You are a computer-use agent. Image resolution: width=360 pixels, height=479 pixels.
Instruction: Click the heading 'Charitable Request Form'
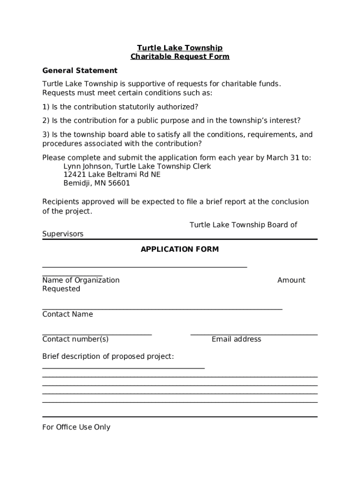(x=180, y=57)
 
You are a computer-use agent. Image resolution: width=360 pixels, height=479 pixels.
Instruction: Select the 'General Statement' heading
(x=80, y=71)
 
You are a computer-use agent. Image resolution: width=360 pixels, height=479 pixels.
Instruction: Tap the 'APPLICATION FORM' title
(x=180, y=249)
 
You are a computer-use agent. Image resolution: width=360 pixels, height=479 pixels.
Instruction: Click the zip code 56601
(x=119, y=183)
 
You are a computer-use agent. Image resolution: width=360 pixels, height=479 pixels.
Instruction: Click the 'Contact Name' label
(x=67, y=314)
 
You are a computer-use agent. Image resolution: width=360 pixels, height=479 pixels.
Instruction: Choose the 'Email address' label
(x=236, y=339)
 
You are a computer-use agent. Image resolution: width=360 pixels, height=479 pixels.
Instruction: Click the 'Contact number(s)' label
(x=75, y=339)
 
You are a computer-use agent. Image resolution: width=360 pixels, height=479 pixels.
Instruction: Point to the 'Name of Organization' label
(x=81, y=280)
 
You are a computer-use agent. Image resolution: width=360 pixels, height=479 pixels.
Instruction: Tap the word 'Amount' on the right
(x=291, y=280)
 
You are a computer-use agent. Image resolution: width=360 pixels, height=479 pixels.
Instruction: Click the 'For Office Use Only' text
(x=76, y=427)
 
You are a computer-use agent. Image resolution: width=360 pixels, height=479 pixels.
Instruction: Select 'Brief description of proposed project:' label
(x=108, y=356)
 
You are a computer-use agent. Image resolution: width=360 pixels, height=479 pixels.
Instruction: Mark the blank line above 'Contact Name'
(x=162, y=309)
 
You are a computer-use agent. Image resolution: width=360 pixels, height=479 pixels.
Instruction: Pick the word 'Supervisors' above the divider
(x=63, y=234)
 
